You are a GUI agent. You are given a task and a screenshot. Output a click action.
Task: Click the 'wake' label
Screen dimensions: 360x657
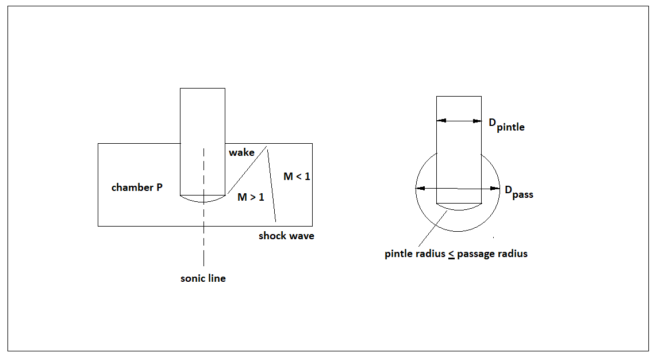pos(241,152)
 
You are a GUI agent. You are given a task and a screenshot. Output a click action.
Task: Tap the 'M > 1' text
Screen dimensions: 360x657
pos(251,197)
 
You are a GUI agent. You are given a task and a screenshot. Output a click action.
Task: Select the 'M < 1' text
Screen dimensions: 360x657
pos(297,177)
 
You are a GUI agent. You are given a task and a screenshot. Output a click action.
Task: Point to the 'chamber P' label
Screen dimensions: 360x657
pos(137,187)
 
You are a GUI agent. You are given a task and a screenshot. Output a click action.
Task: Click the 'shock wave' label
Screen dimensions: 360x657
pos(286,236)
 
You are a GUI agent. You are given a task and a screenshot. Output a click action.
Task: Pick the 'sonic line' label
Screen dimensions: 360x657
pos(203,278)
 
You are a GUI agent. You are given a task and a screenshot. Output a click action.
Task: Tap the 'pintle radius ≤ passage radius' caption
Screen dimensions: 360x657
pos(456,254)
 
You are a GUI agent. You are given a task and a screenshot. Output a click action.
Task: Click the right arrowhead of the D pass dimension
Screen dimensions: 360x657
pos(495,188)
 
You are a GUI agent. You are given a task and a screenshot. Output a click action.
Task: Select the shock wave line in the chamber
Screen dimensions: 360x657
pos(272,184)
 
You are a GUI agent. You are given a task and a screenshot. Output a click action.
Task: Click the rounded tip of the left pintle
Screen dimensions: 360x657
pos(202,200)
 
